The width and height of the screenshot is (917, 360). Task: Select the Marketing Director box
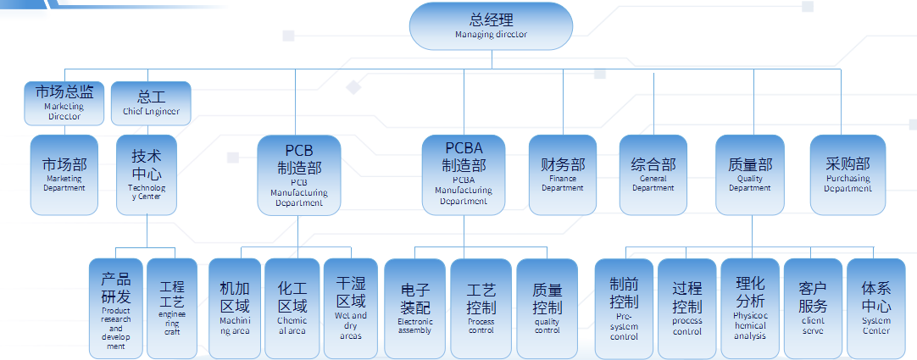64,102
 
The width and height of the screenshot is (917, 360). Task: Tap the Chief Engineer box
151,102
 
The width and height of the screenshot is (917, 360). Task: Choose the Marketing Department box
64,174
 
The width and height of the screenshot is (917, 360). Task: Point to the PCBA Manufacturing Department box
464,174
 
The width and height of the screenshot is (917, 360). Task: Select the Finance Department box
563,174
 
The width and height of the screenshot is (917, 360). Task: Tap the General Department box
653,174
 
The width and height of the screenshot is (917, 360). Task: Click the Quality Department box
749,174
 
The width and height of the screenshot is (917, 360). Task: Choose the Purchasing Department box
848,174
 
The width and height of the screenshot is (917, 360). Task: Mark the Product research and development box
116,307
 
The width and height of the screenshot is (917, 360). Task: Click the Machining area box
235,307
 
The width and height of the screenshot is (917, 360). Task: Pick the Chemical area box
292,307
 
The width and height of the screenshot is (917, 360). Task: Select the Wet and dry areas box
351,307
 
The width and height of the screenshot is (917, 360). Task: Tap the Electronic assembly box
414,307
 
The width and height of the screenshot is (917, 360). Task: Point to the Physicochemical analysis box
750,307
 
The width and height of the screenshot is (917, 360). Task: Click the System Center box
876,307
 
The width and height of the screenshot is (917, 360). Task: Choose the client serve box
813,307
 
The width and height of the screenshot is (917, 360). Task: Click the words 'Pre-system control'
624,325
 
